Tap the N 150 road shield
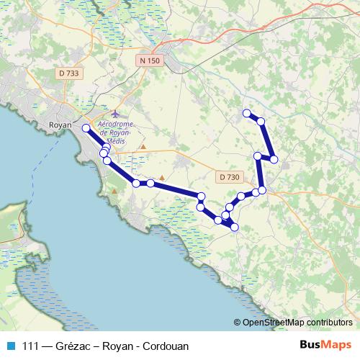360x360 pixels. click(150, 61)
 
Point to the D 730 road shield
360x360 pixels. click(229, 176)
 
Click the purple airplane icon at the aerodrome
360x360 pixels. click(117, 114)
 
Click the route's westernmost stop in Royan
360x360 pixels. click(86, 128)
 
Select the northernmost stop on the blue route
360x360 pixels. click(246, 113)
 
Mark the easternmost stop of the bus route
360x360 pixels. click(274, 159)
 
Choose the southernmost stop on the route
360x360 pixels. click(234, 228)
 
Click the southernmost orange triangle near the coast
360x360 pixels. click(114, 192)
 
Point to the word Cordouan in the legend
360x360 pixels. click(166, 346)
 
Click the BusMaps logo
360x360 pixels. click(325, 346)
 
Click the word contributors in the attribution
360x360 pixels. click(329, 323)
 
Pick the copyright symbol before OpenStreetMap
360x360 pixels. click(238, 323)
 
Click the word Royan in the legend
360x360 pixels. click(117, 346)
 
